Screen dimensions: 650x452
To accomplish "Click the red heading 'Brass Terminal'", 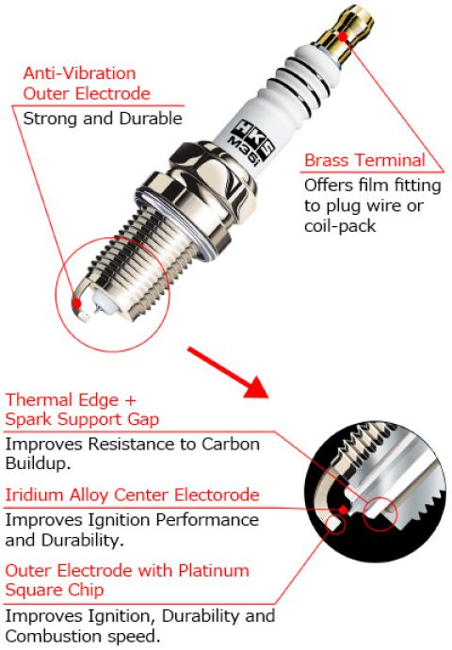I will (363, 160).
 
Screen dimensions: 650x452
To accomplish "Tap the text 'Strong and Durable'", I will (102, 119).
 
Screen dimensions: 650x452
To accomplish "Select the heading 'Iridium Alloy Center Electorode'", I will (133, 495).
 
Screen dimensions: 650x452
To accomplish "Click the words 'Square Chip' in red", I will (53, 591).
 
